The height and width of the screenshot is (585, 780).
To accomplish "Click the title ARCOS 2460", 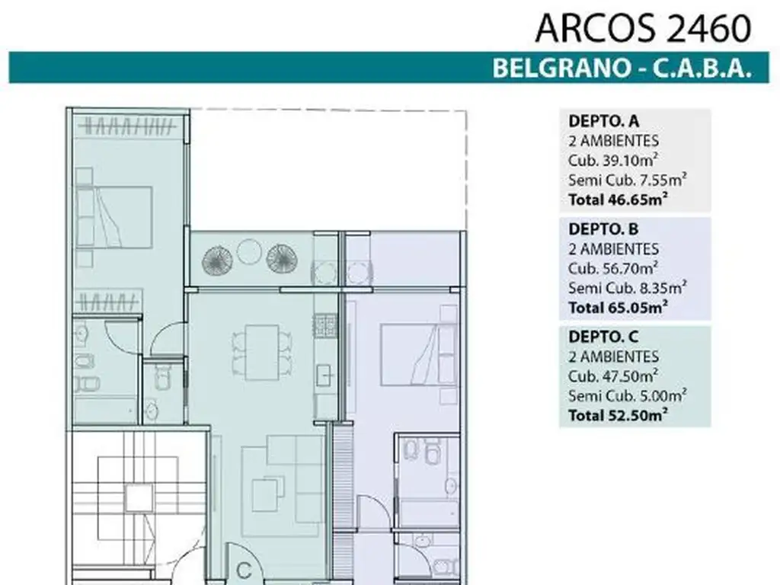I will pos(643,29).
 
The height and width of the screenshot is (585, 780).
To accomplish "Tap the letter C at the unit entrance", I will pos(244,569).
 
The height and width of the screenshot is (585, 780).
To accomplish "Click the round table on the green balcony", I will pos(248,251).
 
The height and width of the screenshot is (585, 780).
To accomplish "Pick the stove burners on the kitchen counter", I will pos(324,327).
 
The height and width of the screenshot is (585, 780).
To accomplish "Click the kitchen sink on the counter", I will pos(324,374).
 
